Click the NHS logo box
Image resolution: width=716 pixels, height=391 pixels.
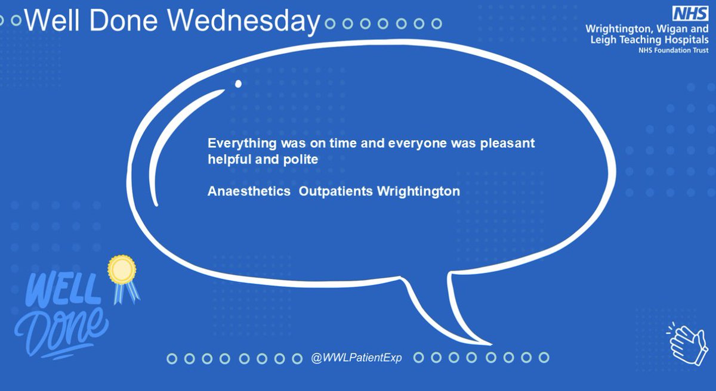[x=691, y=13]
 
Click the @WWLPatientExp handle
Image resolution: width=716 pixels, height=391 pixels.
[x=357, y=358]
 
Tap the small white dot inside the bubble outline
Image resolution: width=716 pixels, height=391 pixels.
[x=238, y=84]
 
